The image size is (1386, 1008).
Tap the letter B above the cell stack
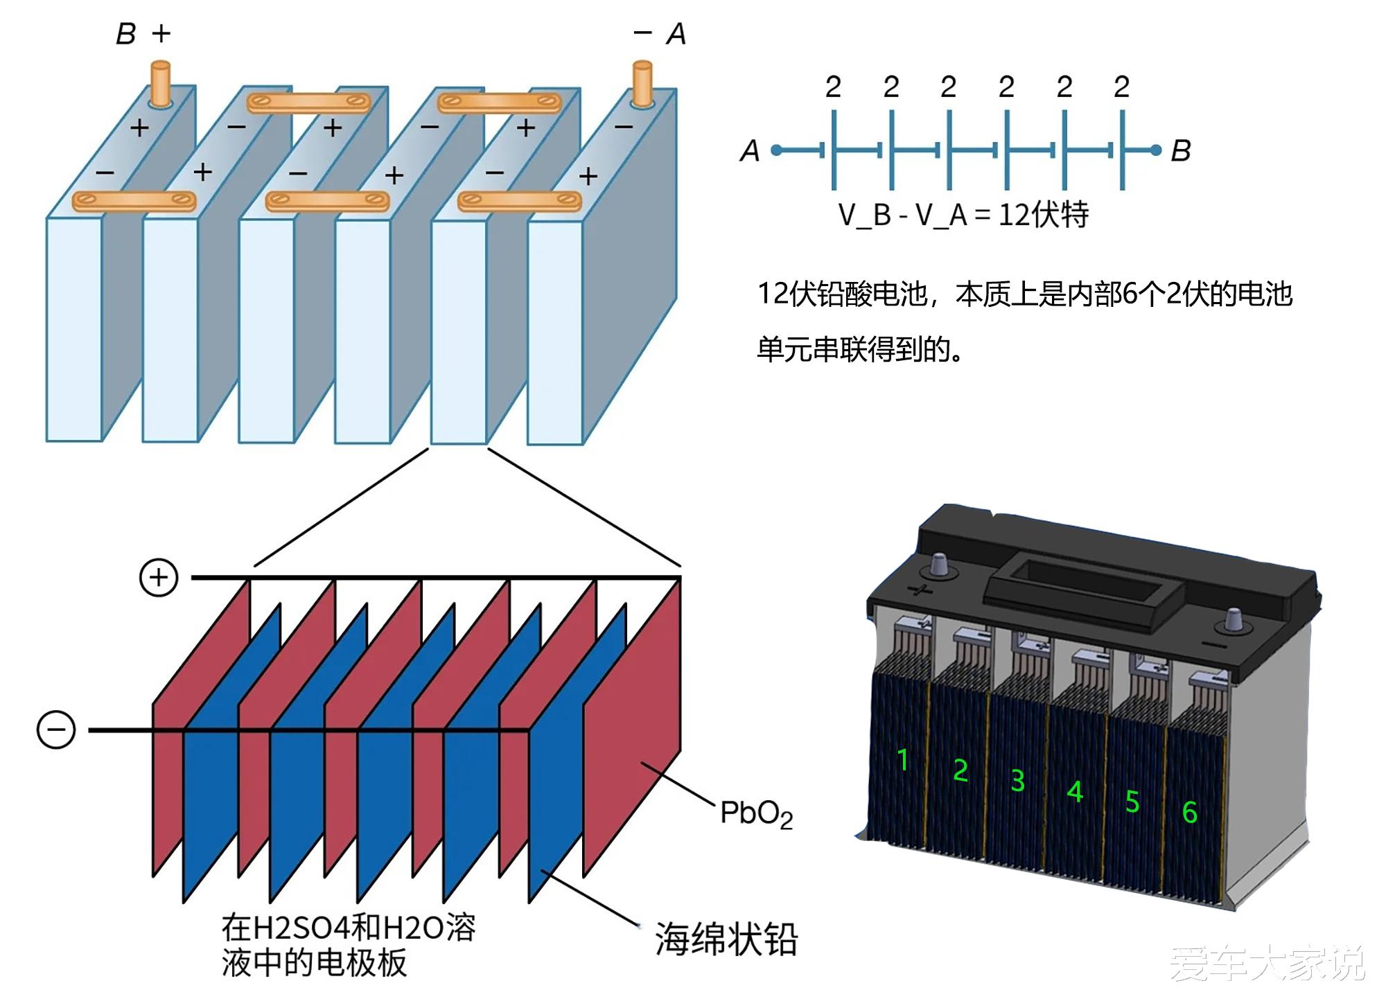coord(125,34)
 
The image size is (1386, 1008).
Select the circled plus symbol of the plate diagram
coord(159,577)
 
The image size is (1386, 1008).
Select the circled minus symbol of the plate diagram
coord(56,730)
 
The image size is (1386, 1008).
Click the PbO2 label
coord(756,813)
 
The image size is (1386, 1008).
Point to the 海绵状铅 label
coord(726,939)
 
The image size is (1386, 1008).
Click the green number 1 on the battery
coord(902,760)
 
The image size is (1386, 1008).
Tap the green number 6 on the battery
coord(1189,812)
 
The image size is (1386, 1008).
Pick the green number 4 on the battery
coord(1075,791)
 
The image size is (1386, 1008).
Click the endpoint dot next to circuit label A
coord(776,150)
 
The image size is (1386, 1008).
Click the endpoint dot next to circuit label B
coord(1155,150)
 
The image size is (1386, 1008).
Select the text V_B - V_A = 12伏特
coord(963,215)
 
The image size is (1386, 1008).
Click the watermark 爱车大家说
coord(1267,963)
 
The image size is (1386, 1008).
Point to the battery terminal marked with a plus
coord(939,565)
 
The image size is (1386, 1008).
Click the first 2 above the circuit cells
coord(833,87)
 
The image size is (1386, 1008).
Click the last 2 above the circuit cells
coord(1121,87)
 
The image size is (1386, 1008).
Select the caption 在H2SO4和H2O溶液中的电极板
coord(348,945)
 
